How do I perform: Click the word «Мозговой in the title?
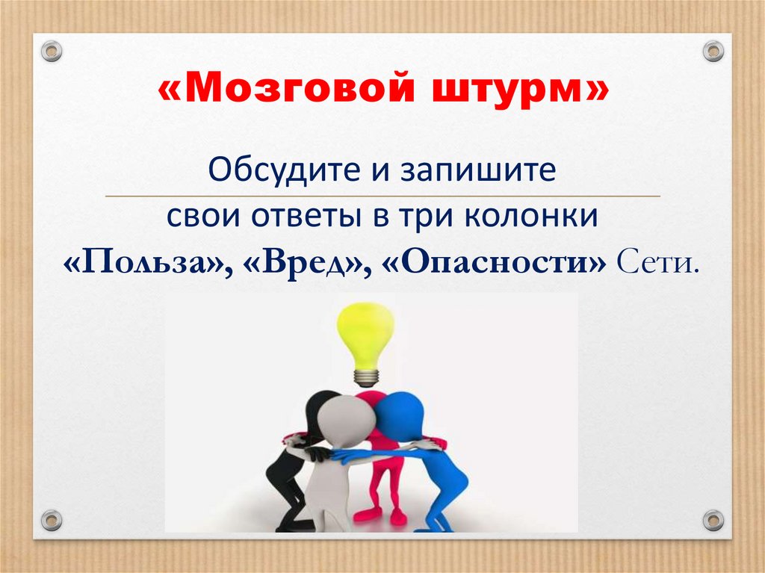273,92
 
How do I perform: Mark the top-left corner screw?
51,52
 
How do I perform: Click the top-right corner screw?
713,52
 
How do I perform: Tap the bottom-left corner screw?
51,518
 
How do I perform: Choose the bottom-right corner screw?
713,518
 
